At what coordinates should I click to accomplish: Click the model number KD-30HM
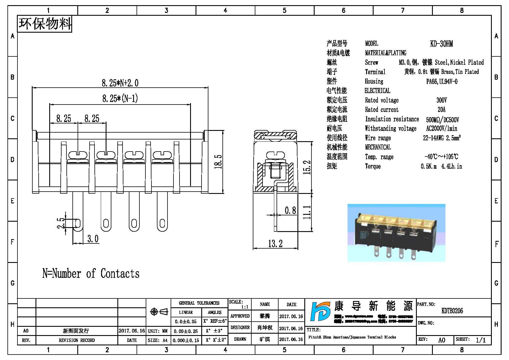pos(441,44)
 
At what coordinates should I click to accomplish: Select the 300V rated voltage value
pos(441,100)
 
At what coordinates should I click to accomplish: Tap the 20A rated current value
pos(441,110)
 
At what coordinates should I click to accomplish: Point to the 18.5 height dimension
pos(218,162)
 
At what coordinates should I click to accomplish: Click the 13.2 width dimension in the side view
pos(275,244)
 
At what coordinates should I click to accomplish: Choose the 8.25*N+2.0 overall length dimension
pos(120,83)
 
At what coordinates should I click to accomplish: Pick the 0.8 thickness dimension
pos(290,211)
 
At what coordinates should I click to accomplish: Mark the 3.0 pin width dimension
pos(93,239)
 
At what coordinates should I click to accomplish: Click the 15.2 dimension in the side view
pos(307,167)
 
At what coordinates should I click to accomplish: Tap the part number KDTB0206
pos(452,311)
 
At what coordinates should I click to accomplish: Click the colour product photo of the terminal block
pos(396,233)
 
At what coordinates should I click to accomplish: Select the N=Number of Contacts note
pos(91,274)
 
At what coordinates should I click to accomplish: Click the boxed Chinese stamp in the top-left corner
pos(45,24)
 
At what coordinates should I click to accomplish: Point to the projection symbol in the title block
pos(159,312)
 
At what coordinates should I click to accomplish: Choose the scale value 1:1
pos(245,307)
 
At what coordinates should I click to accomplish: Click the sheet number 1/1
pos(481,340)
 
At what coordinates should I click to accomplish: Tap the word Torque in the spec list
pos(373,166)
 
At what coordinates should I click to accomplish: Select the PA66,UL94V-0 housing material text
pos(442,82)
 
